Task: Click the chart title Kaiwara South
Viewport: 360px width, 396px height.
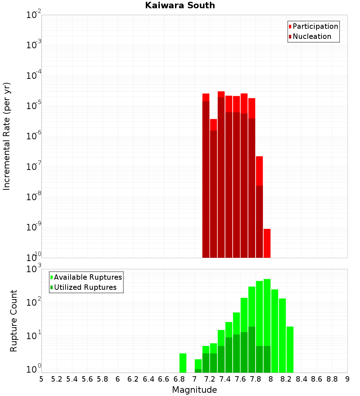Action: coord(180,5)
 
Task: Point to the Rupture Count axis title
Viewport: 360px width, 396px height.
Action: coord(14,321)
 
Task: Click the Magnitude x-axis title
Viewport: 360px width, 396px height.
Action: coord(194,390)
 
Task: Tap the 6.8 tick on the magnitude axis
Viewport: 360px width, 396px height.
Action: coord(179,379)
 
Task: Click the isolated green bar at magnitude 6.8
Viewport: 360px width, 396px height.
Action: coord(183,363)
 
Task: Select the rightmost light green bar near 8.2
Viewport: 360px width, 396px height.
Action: coord(290,349)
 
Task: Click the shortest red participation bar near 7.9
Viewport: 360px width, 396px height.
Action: coord(267,243)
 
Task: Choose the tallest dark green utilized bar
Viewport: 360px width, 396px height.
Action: coord(252,349)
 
